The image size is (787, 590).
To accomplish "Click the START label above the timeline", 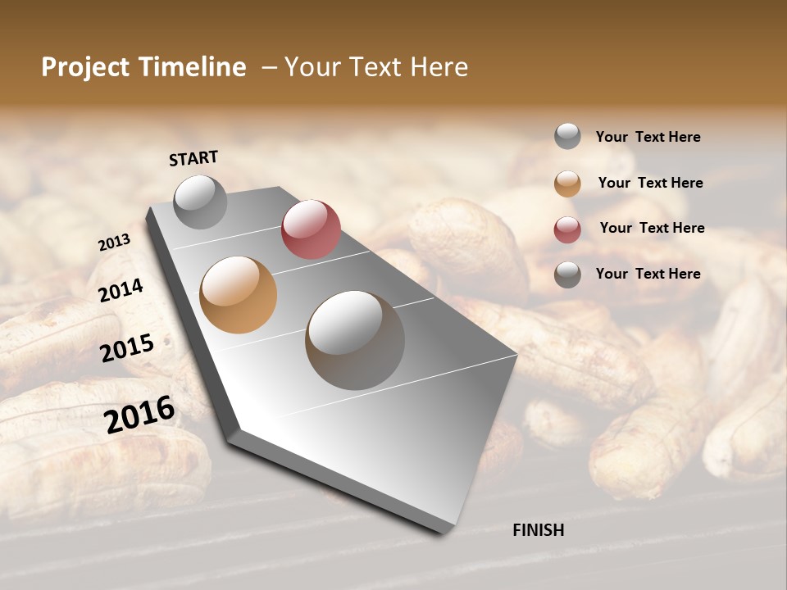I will (193, 158).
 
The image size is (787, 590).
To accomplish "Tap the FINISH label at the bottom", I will (538, 530).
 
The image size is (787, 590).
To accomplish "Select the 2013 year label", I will (114, 243).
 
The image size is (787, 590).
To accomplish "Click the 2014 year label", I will (121, 290).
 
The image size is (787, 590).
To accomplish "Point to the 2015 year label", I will (127, 348).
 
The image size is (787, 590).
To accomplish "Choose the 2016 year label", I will (139, 414).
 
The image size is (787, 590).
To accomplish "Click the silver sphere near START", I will (200, 202).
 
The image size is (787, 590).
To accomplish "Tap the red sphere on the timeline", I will (311, 229).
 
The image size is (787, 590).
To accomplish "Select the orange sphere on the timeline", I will (239, 295).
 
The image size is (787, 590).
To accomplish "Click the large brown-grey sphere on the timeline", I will (355, 339).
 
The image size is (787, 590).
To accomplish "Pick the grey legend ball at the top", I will (567, 137).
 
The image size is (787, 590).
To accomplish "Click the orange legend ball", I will (567, 184).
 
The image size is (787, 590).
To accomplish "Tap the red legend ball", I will (567, 229).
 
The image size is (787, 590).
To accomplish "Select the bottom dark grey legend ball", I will (567, 275).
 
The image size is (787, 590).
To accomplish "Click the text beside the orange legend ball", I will (650, 183).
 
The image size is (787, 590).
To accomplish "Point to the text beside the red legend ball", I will (652, 228).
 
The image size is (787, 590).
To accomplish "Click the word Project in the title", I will (84, 67).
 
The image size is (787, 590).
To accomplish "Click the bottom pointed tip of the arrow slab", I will (444, 532).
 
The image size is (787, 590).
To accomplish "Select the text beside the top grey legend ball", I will (648, 137).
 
